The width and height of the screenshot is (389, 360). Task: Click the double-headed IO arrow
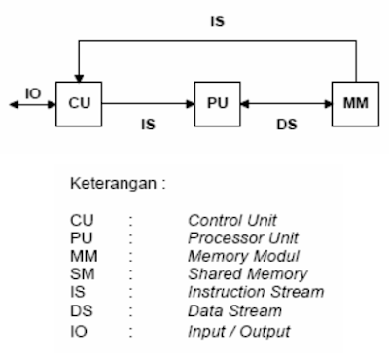(29, 101)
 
